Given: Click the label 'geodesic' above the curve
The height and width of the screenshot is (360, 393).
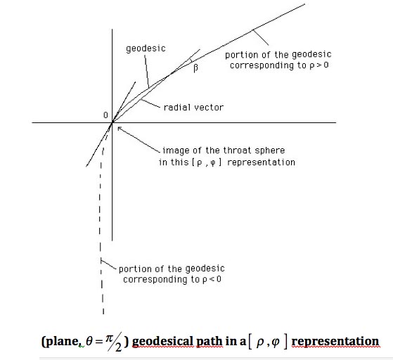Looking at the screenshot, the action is (x=146, y=49).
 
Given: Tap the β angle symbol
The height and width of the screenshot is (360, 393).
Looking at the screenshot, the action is (x=195, y=67).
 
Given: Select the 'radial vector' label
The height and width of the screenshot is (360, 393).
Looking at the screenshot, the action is (x=193, y=108).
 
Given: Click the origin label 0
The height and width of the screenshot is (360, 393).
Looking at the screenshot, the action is (x=105, y=115).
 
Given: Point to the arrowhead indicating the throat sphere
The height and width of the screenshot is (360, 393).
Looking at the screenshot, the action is (x=120, y=129).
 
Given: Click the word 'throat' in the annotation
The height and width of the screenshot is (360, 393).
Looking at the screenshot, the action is (x=237, y=150).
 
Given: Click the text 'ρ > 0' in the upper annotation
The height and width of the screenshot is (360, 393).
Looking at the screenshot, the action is (x=319, y=65).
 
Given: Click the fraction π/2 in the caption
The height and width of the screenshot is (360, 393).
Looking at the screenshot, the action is (x=114, y=342).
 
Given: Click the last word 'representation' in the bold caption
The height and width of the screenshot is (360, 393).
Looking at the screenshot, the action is (x=335, y=341).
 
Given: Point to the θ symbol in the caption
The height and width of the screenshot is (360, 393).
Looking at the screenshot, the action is (x=89, y=341).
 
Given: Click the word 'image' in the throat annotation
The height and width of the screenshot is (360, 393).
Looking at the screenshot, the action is (x=175, y=150).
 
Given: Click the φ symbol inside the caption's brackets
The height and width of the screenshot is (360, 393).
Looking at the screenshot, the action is (x=276, y=342).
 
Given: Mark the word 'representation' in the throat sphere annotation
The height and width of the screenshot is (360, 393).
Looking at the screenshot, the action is (x=261, y=162).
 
